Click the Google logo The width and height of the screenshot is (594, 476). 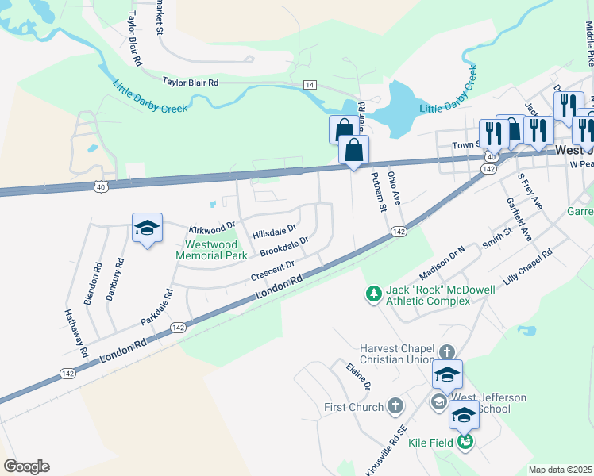pyautogui.click(x=26, y=466)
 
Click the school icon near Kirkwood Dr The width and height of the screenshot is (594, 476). pyautogui.click(x=147, y=228)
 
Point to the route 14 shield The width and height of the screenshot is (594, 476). pyautogui.click(x=309, y=85)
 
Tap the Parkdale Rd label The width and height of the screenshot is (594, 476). pyautogui.click(x=156, y=310)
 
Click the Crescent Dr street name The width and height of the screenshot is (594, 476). pyautogui.click(x=272, y=271)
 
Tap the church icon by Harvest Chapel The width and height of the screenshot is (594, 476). pyautogui.click(x=447, y=351)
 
